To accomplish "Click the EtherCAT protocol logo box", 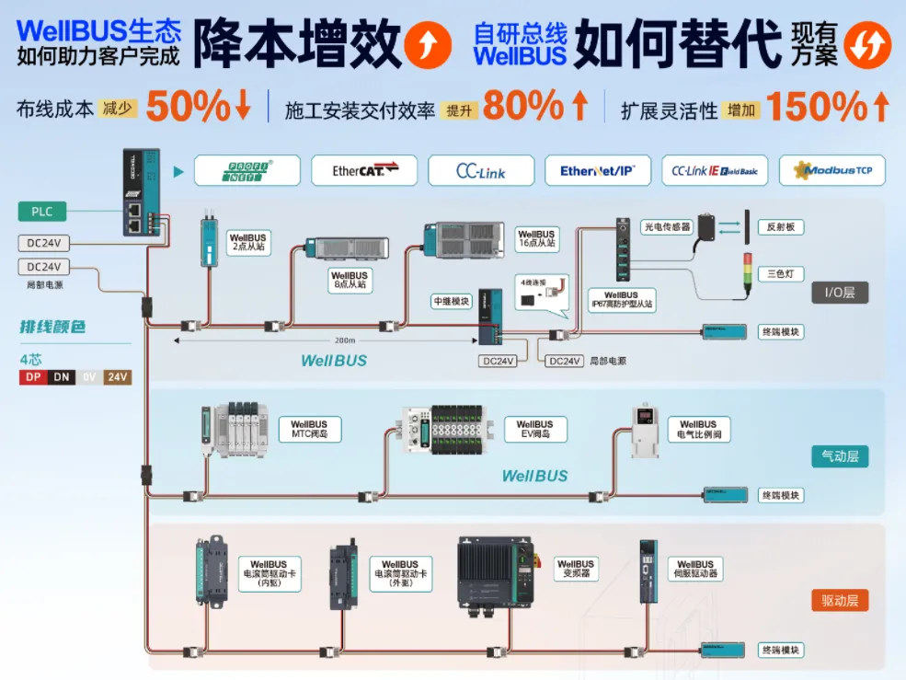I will click(x=363, y=170).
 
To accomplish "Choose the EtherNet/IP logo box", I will click(x=598, y=170).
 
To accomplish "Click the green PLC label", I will click(x=42, y=213).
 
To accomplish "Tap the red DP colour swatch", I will click(x=33, y=377).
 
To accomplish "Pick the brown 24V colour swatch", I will click(x=117, y=377).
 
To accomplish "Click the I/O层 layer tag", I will click(x=839, y=294).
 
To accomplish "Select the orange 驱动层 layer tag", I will click(x=839, y=601).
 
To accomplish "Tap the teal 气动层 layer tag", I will click(x=839, y=456).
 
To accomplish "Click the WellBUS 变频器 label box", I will click(x=576, y=569).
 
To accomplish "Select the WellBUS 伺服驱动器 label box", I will click(x=695, y=569).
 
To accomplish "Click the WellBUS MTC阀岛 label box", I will click(x=309, y=429).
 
